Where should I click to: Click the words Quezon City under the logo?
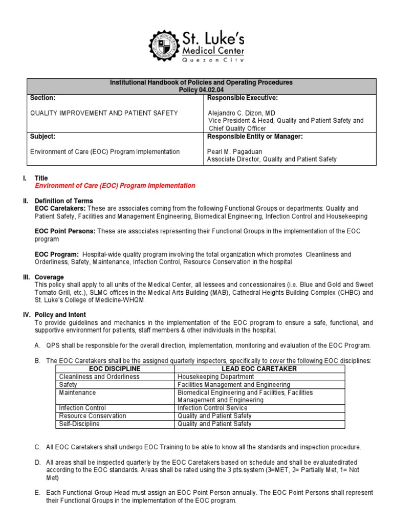click(214, 60)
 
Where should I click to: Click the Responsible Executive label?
click(242, 98)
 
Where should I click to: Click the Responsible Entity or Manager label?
click(255, 137)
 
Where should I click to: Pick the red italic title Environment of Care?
click(115, 186)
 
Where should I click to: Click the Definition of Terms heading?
click(63, 201)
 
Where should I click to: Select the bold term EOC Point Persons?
click(64, 231)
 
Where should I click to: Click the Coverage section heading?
click(50, 277)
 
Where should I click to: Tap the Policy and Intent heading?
click(60, 315)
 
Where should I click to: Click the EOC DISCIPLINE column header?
click(115, 369)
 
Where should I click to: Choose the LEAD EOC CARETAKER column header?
click(259, 369)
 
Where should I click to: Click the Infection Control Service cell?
click(212, 408)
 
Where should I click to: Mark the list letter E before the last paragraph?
click(37, 493)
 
